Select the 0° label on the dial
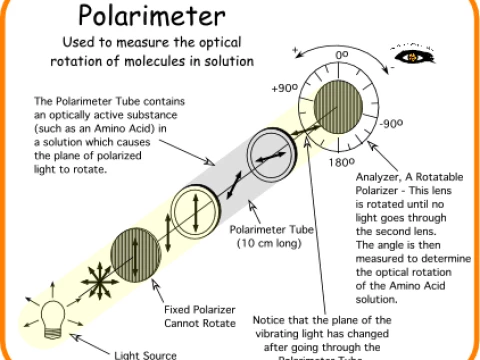(x=340, y=55)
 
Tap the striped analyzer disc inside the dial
(x=340, y=108)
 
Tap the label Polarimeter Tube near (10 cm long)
(x=271, y=228)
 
